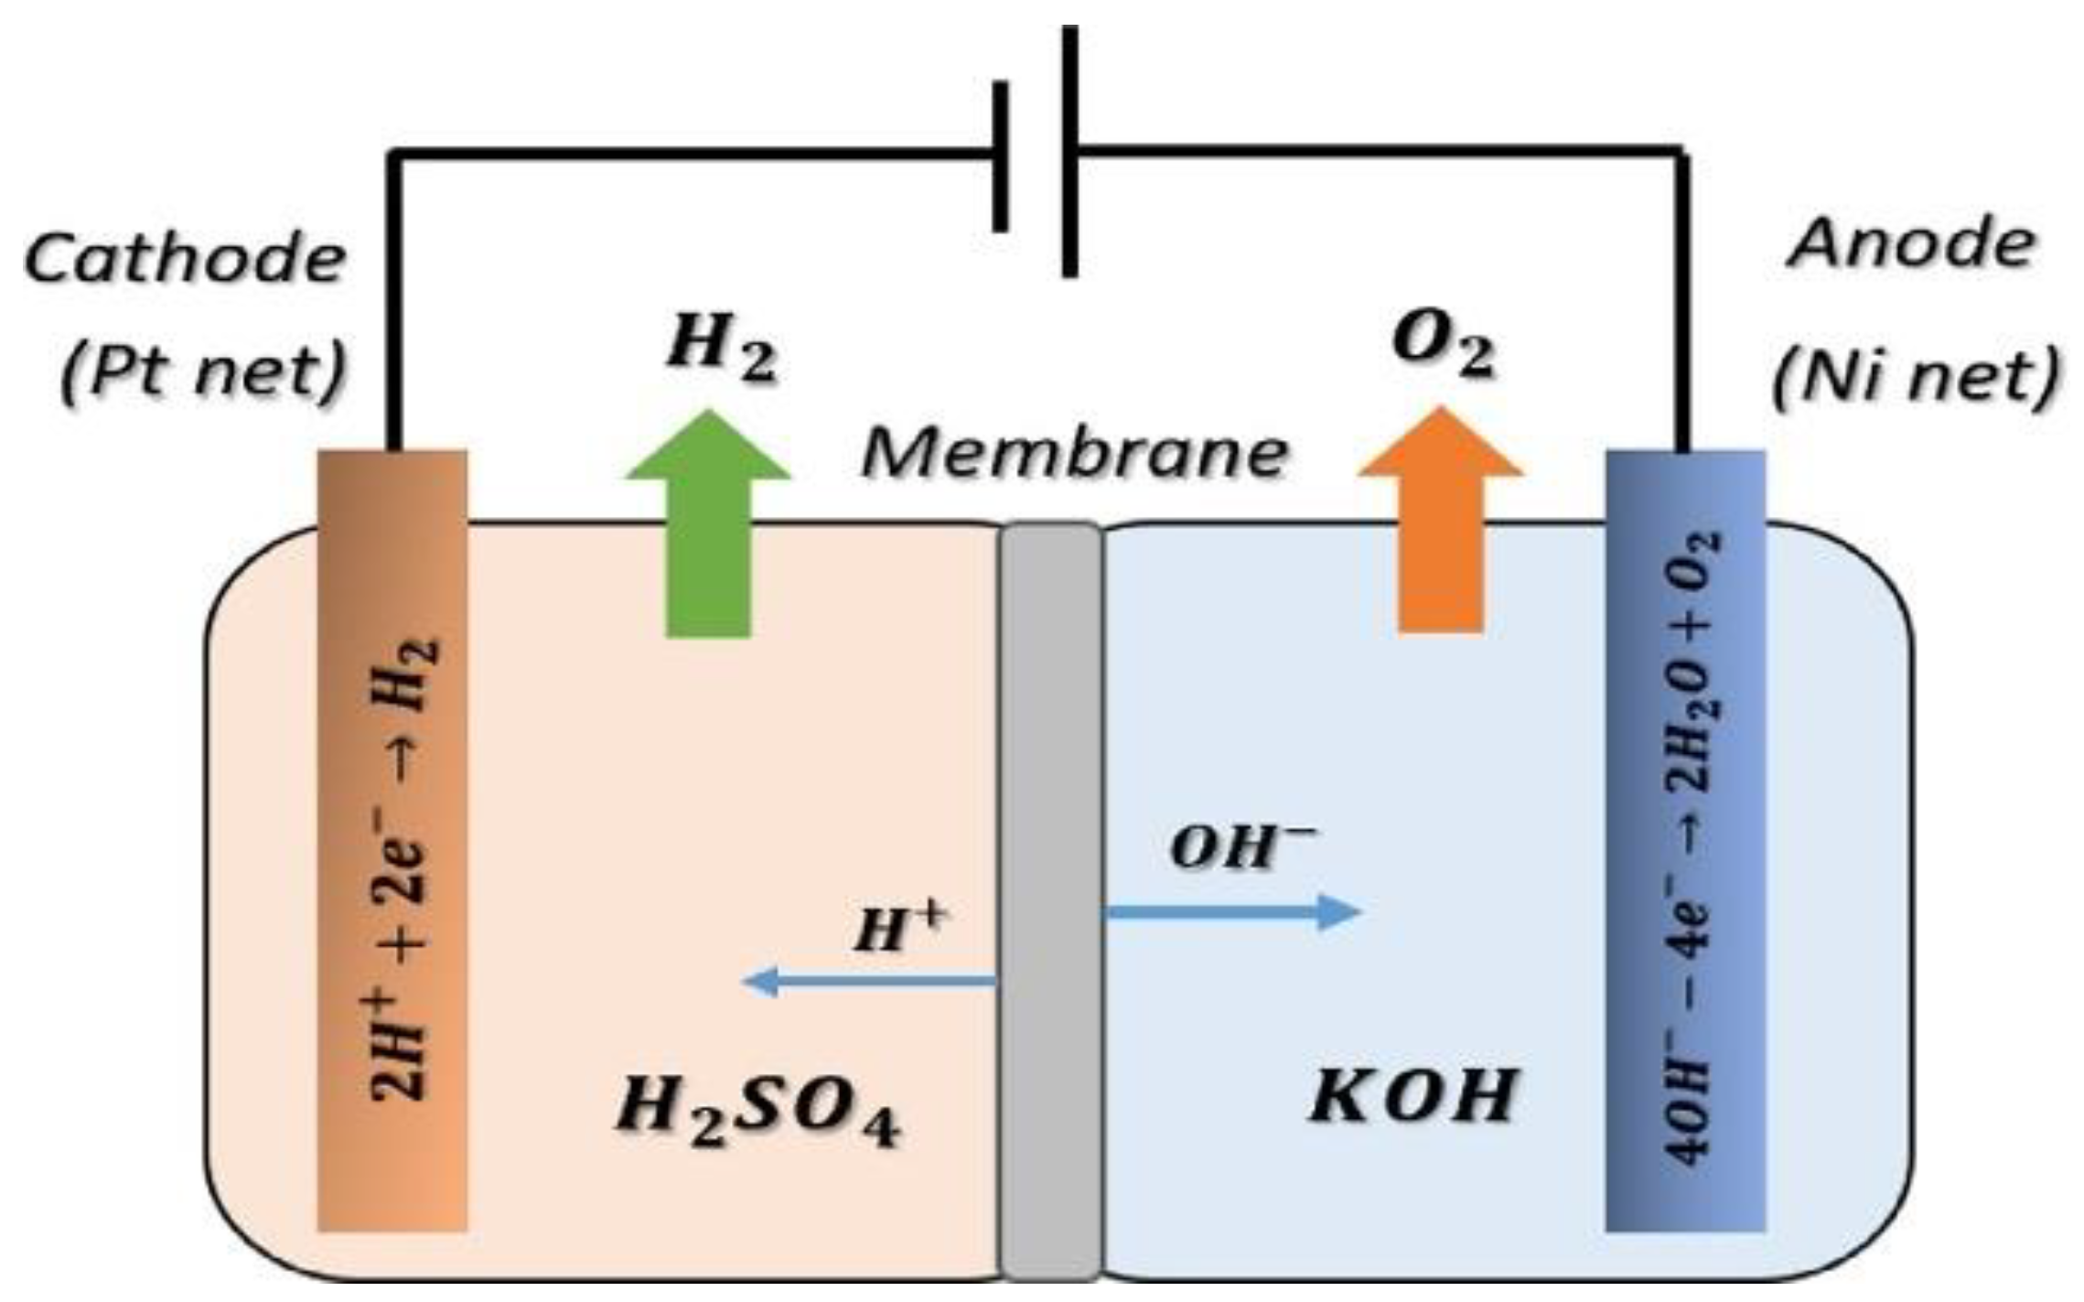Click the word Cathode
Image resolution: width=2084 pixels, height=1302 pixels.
click(x=186, y=258)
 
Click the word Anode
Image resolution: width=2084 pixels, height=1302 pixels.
click(x=1911, y=245)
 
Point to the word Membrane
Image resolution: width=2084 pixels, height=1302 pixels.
click(x=1074, y=453)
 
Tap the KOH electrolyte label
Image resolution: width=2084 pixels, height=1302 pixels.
click(x=1413, y=1096)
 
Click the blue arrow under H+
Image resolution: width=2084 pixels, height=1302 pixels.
click(x=869, y=982)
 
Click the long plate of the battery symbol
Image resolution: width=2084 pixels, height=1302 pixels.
click(x=1069, y=151)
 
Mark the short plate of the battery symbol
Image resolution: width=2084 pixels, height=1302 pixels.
click(x=1001, y=156)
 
